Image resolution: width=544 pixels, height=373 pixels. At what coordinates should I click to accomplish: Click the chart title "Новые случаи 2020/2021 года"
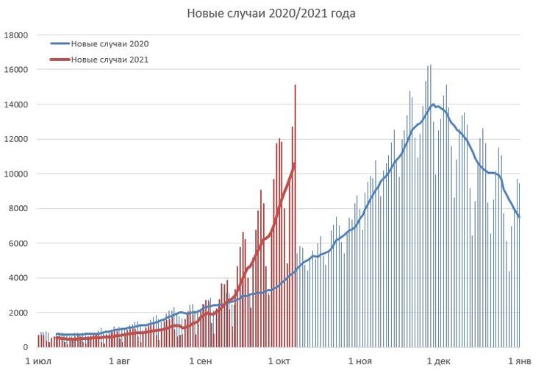(272, 14)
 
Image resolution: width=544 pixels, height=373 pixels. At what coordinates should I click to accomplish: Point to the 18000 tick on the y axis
(16, 35)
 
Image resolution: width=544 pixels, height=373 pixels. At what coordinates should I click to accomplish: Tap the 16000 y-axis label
(16, 70)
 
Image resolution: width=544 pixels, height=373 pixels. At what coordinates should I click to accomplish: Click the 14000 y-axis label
(16, 104)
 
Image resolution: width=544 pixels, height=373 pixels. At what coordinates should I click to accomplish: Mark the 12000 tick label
(16, 139)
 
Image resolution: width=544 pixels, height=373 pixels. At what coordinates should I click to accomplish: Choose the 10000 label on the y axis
(16, 174)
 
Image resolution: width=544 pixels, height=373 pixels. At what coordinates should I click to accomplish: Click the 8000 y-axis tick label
(18, 209)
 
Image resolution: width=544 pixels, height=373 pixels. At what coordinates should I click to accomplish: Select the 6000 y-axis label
(18, 244)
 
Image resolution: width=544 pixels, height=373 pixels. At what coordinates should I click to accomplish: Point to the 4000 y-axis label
(18, 278)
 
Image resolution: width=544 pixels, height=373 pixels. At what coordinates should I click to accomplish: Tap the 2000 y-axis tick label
(18, 313)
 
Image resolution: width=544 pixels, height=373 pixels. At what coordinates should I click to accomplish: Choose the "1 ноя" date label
(359, 361)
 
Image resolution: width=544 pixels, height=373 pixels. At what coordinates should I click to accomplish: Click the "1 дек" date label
(439, 361)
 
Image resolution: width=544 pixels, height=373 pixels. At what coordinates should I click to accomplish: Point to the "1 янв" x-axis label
(519, 361)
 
